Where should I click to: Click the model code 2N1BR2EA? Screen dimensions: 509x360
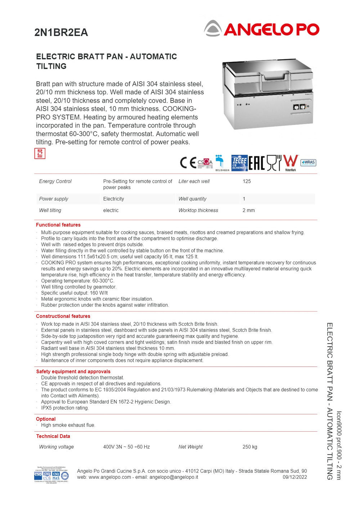coord(61,32)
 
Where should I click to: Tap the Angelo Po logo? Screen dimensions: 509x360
coord(262,29)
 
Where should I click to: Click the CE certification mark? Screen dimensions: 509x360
coord(188,163)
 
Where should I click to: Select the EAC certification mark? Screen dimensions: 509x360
coord(256,163)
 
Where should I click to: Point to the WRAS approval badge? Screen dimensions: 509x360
coord(308,162)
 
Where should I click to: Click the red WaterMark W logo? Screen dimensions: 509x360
coord(291,161)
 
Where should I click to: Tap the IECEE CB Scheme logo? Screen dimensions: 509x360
coord(239,163)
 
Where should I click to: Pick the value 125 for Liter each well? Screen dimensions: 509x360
coord(247,181)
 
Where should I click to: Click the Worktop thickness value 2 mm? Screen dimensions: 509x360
coord(248,210)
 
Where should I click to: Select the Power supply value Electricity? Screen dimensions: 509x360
coord(113,199)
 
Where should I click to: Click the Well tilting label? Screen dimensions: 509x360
coord(50,210)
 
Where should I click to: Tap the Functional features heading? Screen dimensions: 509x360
coord(58,225)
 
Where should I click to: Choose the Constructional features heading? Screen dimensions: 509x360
coord(63,316)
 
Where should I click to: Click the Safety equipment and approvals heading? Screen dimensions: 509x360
coord(73,371)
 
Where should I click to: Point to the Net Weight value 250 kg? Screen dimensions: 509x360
coord(250,447)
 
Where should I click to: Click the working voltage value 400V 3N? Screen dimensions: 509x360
coord(126,447)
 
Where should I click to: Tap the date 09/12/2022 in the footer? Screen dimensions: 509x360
coord(294,477)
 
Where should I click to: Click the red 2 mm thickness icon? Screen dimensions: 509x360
coord(40,153)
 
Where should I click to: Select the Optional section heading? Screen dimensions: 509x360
coord(46,419)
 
